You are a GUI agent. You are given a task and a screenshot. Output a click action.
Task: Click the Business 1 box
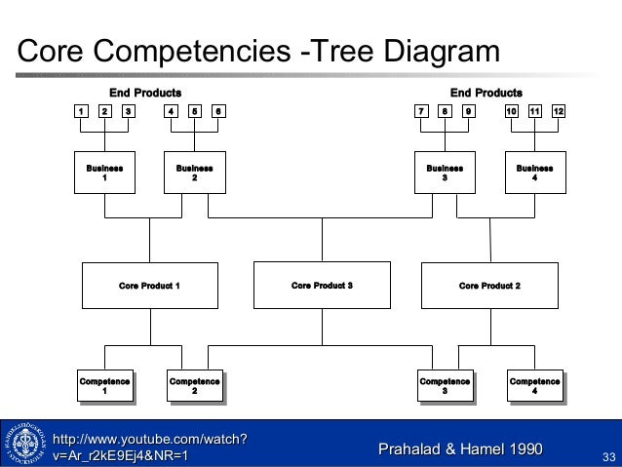coord(105,173)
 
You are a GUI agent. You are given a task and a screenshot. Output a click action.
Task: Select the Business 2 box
coord(194,173)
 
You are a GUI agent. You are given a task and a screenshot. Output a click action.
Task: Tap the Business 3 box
coord(445,173)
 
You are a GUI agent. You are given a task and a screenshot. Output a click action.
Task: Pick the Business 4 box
coord(534,173)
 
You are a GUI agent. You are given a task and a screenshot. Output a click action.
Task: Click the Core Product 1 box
coord(149,286)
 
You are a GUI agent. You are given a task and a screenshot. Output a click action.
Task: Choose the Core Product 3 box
coord(322,286)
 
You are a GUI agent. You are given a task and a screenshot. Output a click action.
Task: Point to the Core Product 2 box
coord(489,286)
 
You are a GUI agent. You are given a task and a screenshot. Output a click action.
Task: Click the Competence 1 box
coord(105,386)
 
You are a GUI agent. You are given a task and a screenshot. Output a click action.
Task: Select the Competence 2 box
coord(194,386)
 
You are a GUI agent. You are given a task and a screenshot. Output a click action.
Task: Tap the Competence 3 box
coord(445,386)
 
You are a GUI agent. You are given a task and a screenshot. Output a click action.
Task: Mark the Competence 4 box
coord(534,386)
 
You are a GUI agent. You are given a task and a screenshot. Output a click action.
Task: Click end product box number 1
coord(83,111)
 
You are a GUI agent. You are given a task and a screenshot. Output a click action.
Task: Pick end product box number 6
coord(217,111)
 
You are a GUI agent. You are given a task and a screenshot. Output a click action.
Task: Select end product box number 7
coord(421,111)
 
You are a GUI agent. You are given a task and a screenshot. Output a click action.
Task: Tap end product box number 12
coord(558,111)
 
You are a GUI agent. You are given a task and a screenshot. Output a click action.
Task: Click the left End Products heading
coord(144,93)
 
